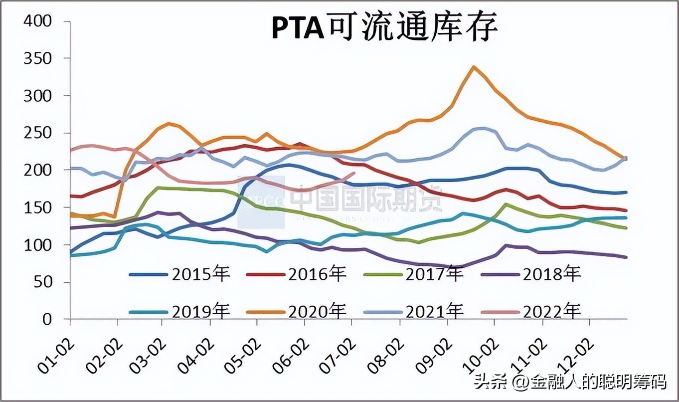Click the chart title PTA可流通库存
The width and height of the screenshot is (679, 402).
pos(384,28)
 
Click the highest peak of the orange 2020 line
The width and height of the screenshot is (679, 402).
pos(473,67)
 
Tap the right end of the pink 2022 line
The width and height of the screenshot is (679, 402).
pos(353,173)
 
